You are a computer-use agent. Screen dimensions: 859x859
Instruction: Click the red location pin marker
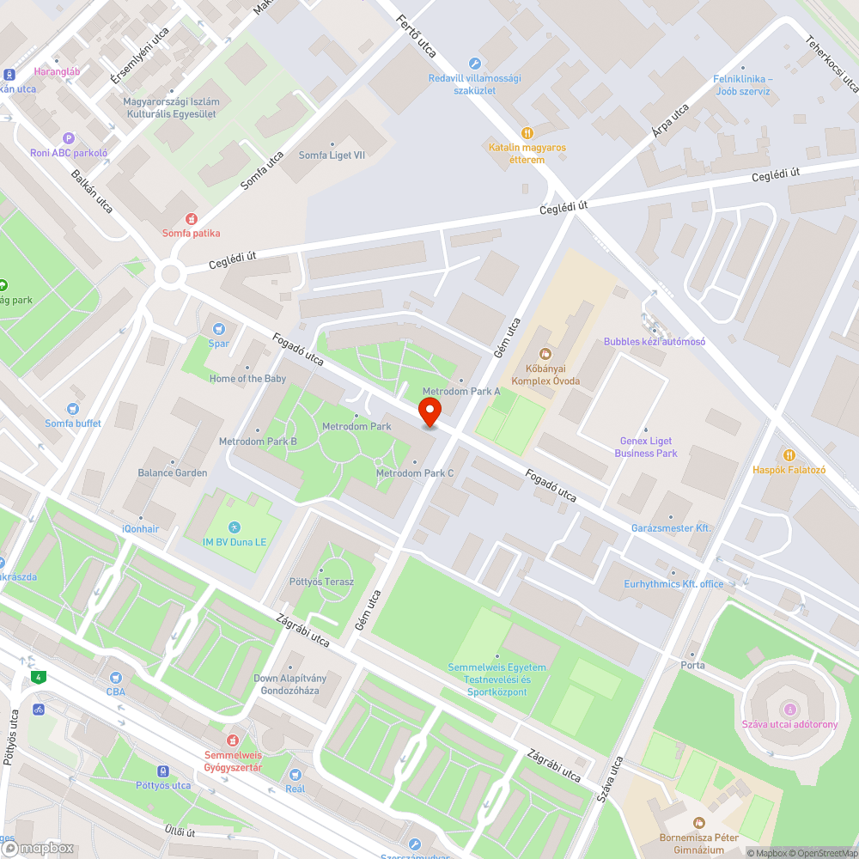click(429, 411)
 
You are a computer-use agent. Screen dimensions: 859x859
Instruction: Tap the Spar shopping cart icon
click(218, 328)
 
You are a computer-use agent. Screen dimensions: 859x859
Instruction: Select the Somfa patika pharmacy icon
click(192, 219)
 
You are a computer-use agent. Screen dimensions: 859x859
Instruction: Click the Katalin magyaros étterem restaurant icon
click(527, 133)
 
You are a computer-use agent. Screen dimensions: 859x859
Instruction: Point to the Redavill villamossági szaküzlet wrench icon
click(475, 64)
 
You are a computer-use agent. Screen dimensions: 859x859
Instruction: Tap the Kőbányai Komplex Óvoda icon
click(545, 353)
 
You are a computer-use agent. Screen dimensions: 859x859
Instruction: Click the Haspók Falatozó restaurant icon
click(789, 454)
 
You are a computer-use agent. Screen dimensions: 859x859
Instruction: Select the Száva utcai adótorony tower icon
click(789, 709)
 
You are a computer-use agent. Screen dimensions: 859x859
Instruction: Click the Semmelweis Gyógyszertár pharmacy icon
click(232, 740)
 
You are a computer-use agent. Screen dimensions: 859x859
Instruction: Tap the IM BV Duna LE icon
click(235, 527)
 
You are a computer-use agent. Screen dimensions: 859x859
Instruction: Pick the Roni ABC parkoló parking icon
click(69, 138)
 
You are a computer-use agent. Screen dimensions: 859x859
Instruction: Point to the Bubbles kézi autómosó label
click(654, 342)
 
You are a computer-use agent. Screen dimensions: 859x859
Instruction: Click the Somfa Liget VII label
click(332, 155)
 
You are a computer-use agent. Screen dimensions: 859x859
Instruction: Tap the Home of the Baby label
click(248, 379)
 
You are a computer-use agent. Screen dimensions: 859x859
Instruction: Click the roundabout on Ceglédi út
click(170, 276)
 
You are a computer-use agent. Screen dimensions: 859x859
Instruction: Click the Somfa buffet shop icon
click(73, 409)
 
